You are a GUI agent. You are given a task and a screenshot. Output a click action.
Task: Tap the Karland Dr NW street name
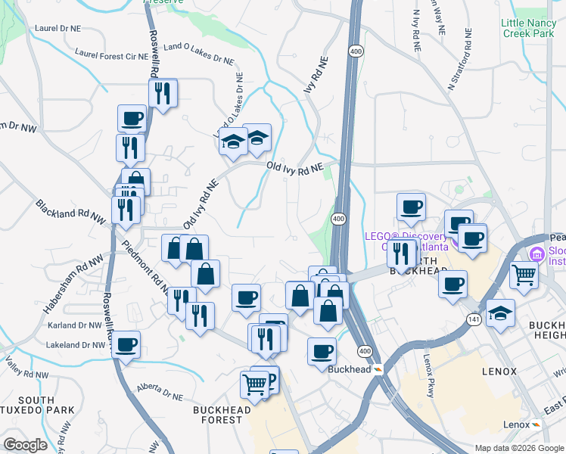click(74, 325)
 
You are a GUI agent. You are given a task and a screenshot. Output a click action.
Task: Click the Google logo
click(25, 445)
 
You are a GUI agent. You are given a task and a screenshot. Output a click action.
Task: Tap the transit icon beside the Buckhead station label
click(378, 369)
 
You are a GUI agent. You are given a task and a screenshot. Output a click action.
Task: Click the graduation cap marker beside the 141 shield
click(500, 313)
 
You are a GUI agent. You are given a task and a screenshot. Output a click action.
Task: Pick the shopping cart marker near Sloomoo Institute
click(524, 275)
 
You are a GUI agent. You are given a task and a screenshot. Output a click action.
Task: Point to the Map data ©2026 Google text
click(518, 447)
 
